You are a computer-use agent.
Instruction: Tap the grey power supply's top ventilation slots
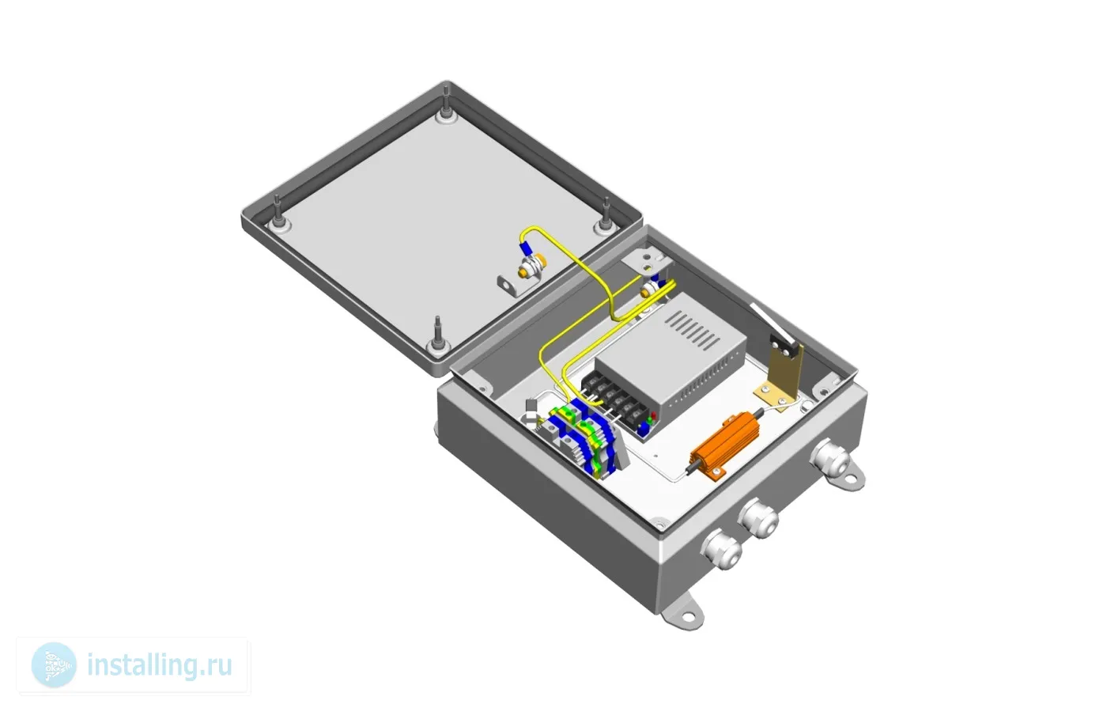click(x=692, y=330)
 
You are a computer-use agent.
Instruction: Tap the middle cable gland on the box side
click(x=758, y=518)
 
